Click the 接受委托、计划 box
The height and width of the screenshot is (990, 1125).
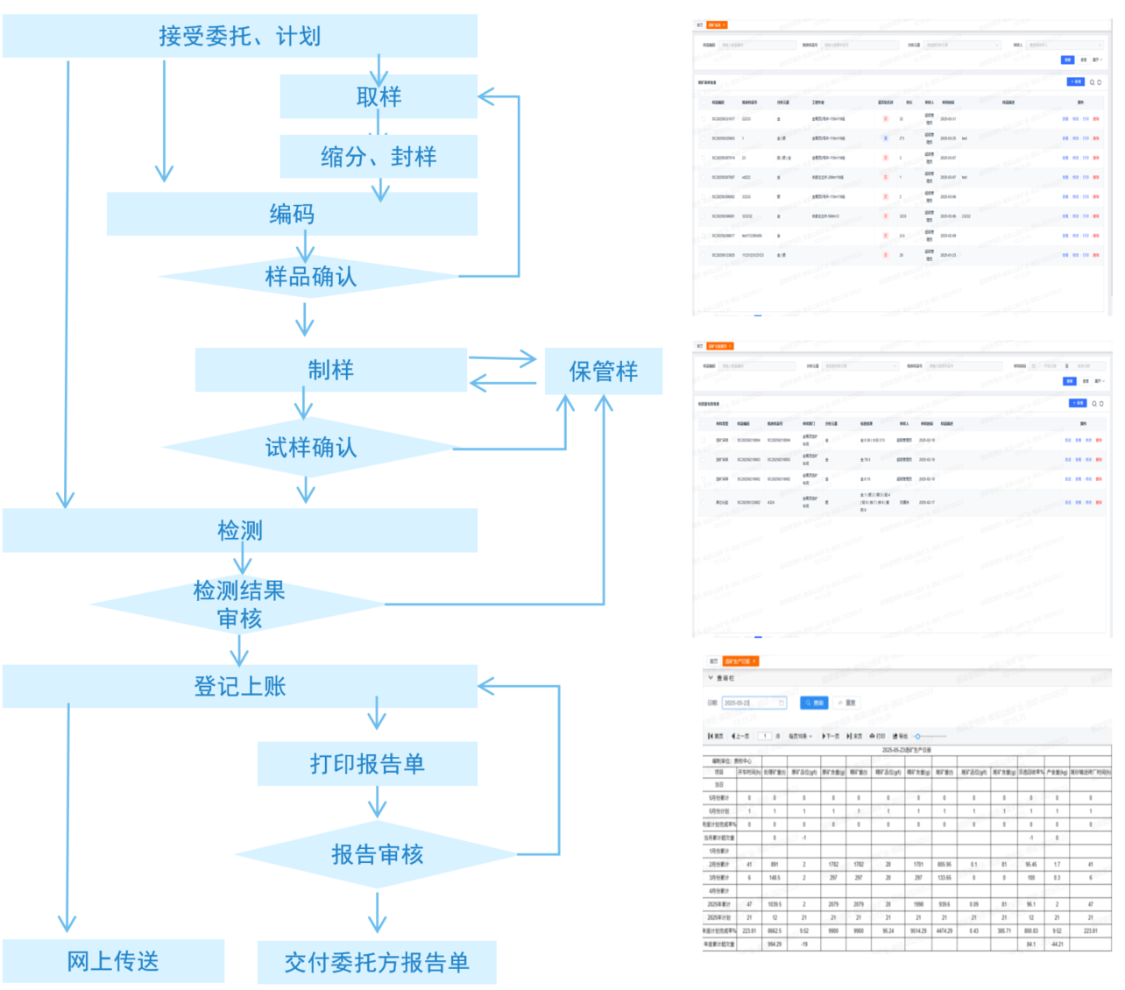[239, 36]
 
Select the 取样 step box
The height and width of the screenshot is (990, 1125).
[379, 96]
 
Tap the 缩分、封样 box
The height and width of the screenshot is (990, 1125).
[379, 156]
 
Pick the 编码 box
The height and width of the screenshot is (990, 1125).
[292, 214]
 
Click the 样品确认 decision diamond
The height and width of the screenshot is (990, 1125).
[310, 277]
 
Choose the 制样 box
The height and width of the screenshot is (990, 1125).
[330, 370]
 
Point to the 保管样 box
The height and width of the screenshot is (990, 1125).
[603, 371]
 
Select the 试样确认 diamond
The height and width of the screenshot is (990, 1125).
[310, 448]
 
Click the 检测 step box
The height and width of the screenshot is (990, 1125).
[239, 530]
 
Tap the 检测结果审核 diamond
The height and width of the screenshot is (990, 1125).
[238, 605]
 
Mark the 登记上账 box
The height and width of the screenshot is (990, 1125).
[239, 686]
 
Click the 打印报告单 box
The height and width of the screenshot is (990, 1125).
[367, 764]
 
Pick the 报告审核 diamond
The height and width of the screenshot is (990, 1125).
[377, 854]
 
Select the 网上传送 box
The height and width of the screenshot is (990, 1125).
[113, 961]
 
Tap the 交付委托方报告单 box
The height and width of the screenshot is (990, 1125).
[377, 963]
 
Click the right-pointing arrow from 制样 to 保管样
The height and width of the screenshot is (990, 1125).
[503, 357]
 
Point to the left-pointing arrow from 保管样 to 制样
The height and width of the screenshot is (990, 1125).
[503, 383]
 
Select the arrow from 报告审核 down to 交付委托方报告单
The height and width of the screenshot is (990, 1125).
[377, 912]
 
